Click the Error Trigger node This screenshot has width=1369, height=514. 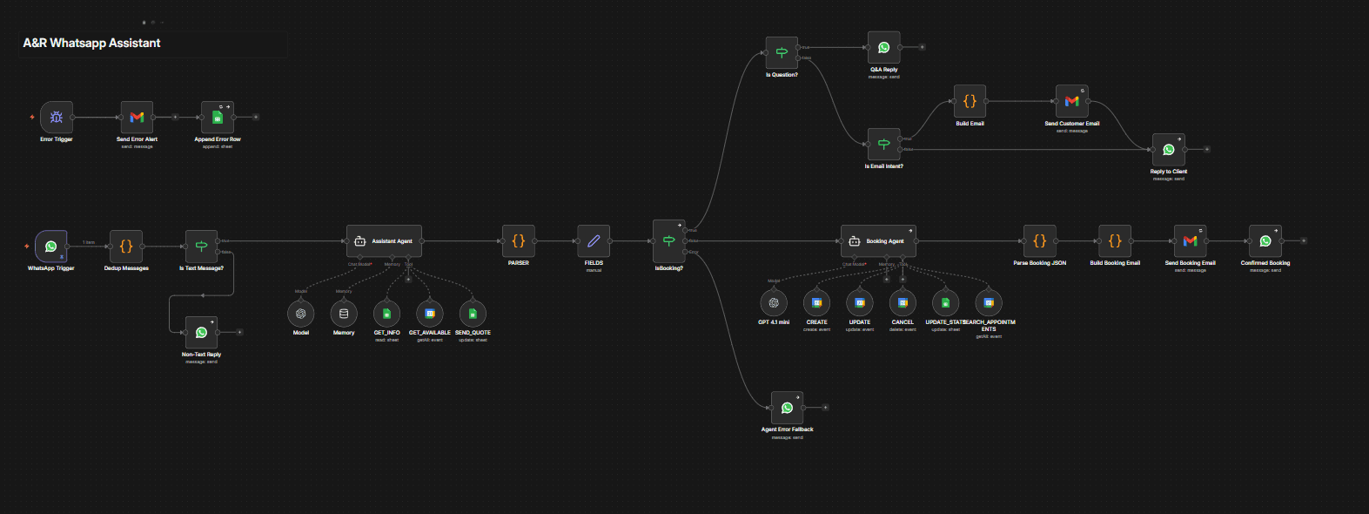57,117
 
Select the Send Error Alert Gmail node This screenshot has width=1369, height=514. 137,117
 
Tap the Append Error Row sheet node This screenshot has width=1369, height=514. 218,117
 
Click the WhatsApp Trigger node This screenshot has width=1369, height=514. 51,247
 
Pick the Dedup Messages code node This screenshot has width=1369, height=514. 126,247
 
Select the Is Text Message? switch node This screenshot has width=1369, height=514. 201,247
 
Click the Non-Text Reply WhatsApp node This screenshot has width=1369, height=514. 201,332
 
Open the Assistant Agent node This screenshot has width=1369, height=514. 384,241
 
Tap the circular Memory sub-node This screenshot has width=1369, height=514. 344,314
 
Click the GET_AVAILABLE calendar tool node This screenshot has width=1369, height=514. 430,314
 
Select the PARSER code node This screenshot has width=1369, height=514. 518,241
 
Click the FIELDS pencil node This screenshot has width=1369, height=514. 594,241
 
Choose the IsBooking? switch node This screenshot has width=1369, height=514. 668,241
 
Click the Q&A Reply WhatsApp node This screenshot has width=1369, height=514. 883,48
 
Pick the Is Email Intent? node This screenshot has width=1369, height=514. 883,144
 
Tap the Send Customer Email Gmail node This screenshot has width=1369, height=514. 1071,101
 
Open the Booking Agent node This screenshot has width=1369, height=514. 878,241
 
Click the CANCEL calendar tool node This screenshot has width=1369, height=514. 903,303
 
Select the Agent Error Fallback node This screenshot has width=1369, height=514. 787,408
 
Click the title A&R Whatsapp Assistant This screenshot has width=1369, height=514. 91,43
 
